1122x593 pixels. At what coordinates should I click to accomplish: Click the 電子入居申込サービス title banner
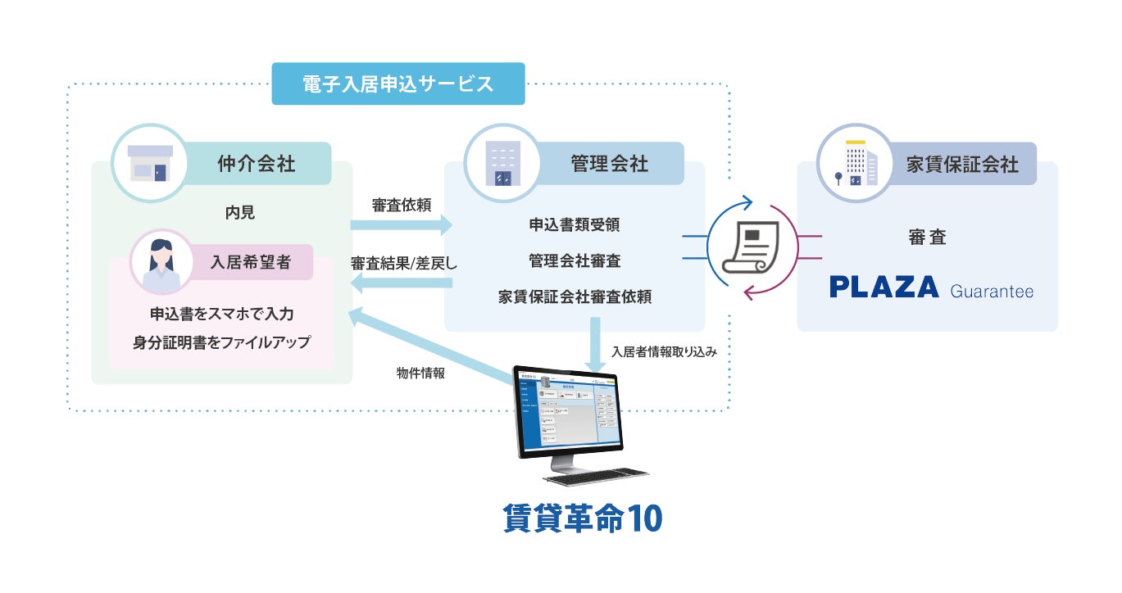(x=397, y=84)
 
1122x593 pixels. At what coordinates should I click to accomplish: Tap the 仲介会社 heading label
(x=257, y=164)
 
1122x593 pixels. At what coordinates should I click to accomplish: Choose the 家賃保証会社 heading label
(x=962, y=165)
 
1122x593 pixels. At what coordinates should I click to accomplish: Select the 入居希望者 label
(x=250, y=263)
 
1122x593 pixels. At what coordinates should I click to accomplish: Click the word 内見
(x=240, y=213)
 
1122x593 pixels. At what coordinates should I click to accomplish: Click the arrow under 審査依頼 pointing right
(x=402, y=224)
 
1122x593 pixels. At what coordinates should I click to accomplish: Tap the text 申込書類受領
(x=575, y=224)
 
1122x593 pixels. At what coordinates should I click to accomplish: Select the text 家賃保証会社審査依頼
(x=575, y=296)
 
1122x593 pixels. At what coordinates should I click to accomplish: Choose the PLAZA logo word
(x=884, y=287)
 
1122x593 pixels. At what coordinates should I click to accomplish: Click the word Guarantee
(x=992, y=291)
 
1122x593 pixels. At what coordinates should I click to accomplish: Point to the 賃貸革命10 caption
(x=583, y=519)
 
